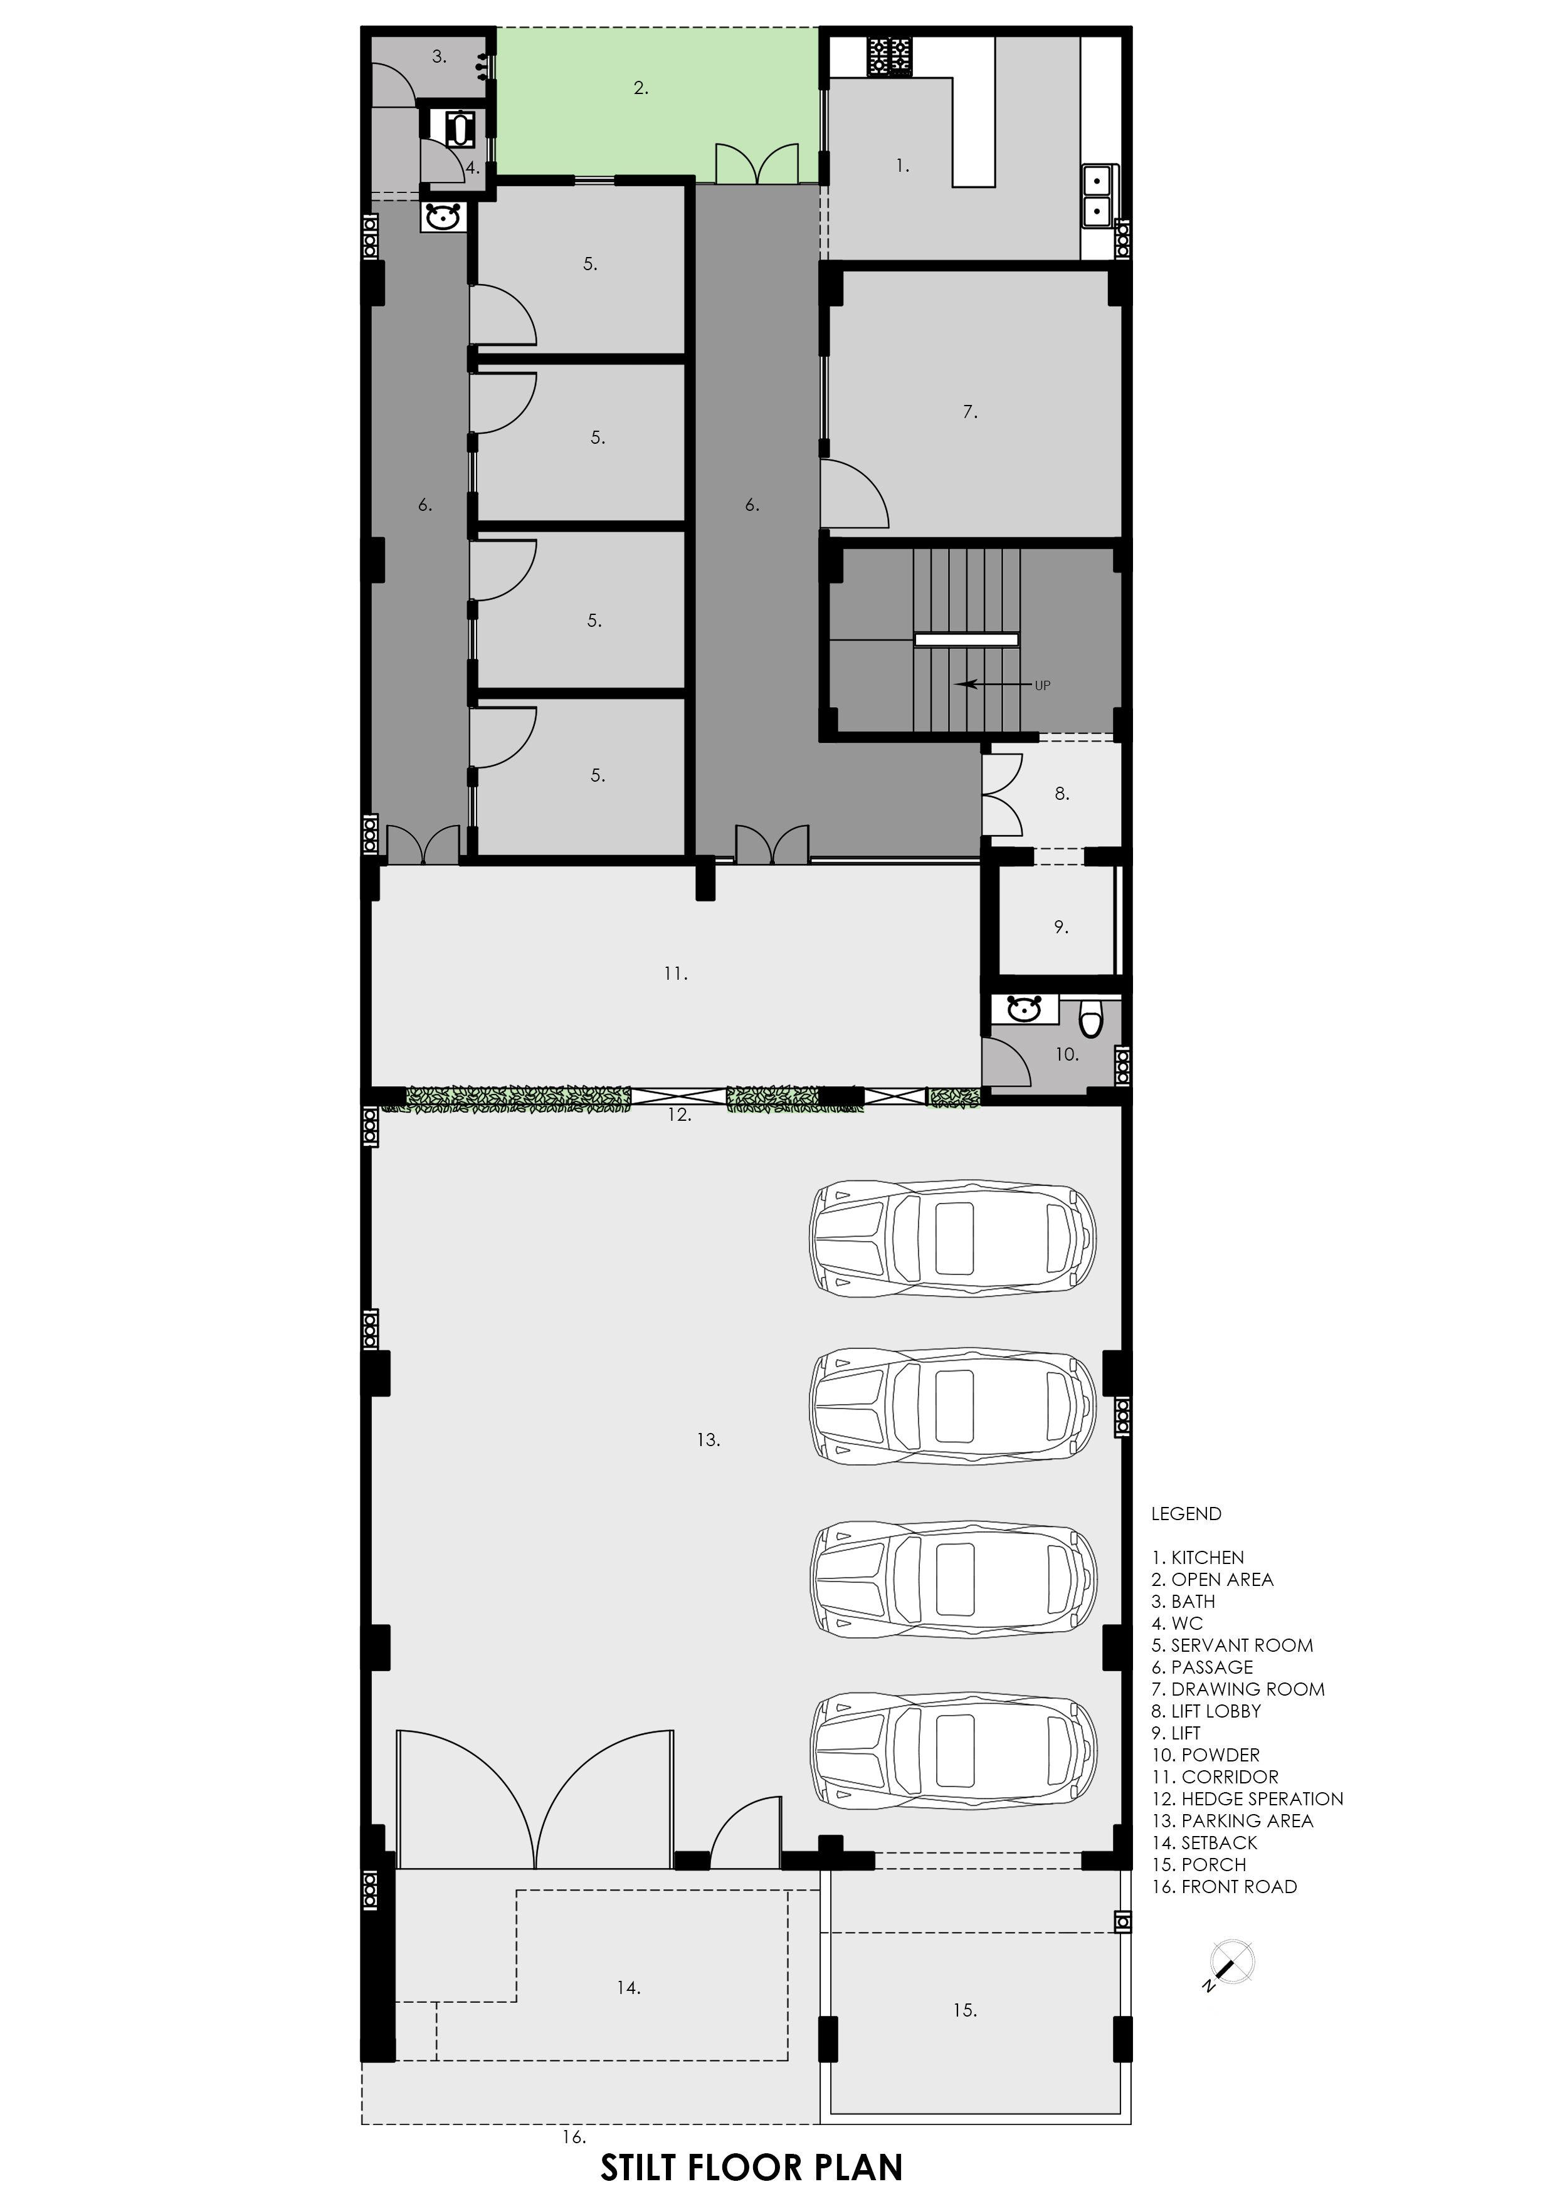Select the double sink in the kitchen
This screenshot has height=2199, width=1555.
pyautogui.click(x=1097, y=194)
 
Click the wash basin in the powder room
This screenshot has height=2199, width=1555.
pyautogui.click(x=1024, y=1009)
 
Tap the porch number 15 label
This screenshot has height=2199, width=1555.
pyautogui.click(x=965, y=2010)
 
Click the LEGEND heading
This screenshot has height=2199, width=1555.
pyautogui.click(x=1186, y=1514)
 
